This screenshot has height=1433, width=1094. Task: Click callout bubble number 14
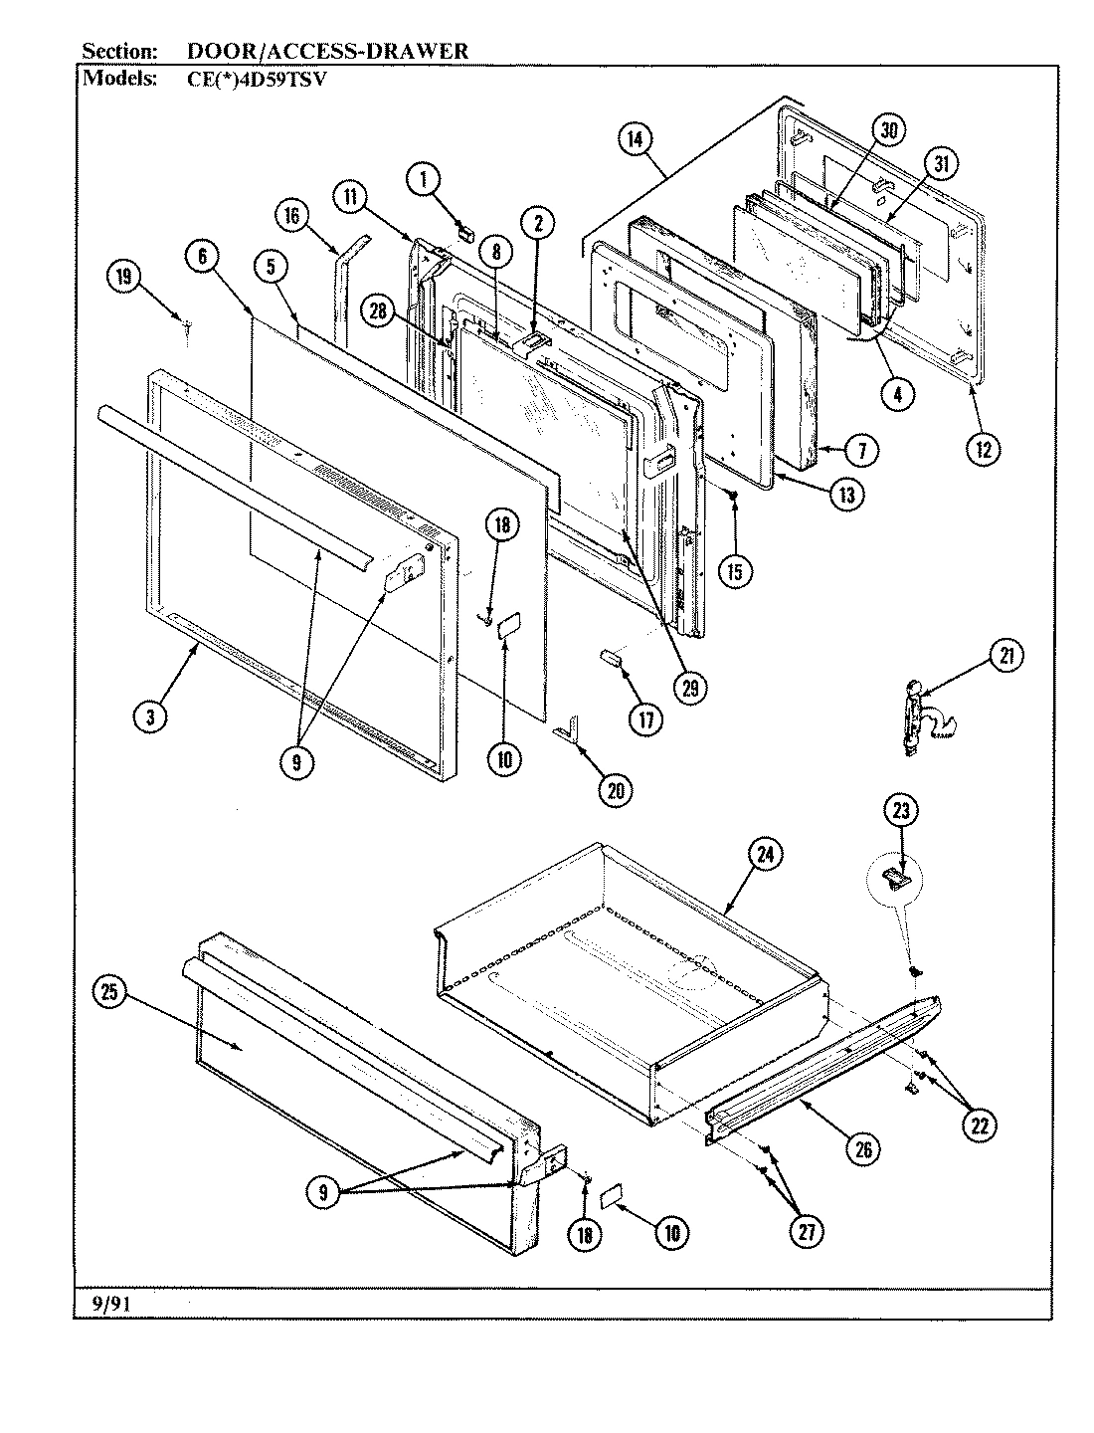point(635,139)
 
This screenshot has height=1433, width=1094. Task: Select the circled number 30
point(888,130)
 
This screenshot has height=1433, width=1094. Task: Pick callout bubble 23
point(901,811)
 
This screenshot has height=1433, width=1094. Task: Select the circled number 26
point(862,1148)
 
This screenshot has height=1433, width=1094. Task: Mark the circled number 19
point(124,279)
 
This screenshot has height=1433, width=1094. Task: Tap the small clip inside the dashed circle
point(896,877)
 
